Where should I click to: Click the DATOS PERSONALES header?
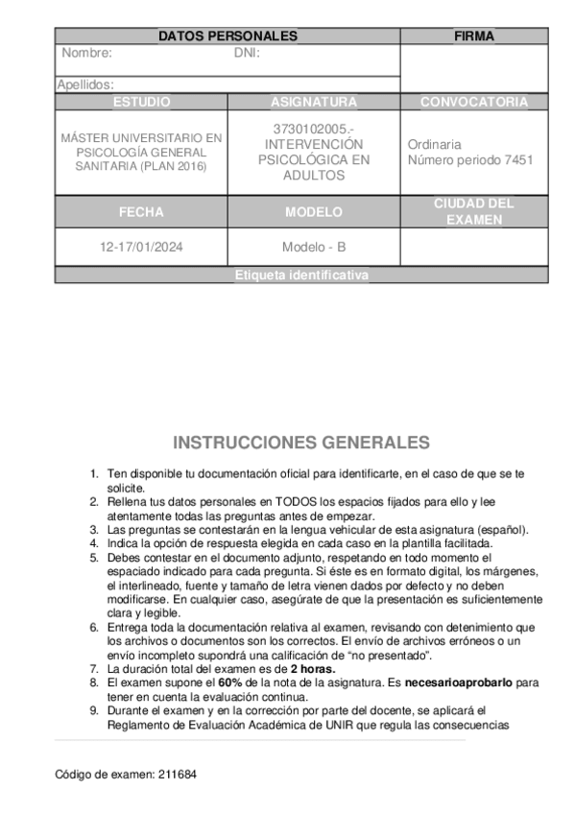tap(228, 36)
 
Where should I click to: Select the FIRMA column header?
tap(473, 36)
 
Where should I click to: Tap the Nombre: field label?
tap(86, 53)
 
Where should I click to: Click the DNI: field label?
tap(247, 53)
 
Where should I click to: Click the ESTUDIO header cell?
tap(141, 102)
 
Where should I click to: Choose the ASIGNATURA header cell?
tap(313, 102)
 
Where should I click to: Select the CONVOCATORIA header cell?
tap(474, 102)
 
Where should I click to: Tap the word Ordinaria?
tap(434, 144)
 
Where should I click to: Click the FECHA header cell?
tap(141, 212)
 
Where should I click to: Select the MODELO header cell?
tap(313, 212)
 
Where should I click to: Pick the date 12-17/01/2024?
tap(141, 247)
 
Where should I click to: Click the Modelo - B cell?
tap(313, 247)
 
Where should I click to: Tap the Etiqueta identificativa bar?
tap(301, 275)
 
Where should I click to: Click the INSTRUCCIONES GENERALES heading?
tap(301, 443)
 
